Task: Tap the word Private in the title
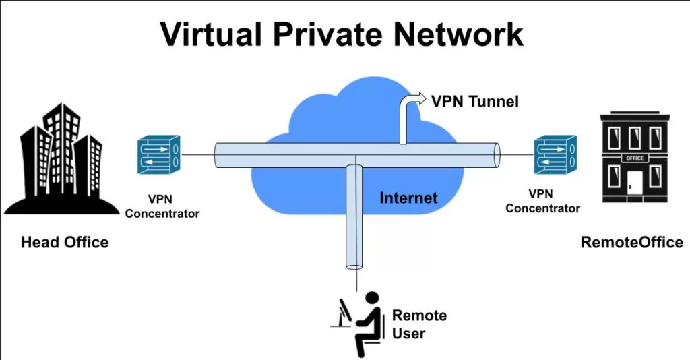point(334,34)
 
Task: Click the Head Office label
point(65,242)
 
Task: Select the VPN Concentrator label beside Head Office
point(162,206)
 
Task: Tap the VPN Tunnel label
point(475,102)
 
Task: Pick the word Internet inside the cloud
point(408,198)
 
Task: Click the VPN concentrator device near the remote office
point(555,154)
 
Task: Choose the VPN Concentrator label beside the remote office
point(542,201)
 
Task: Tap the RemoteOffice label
point(631,242)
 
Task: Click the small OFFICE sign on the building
point(635,159)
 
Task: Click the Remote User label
point(419,324)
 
